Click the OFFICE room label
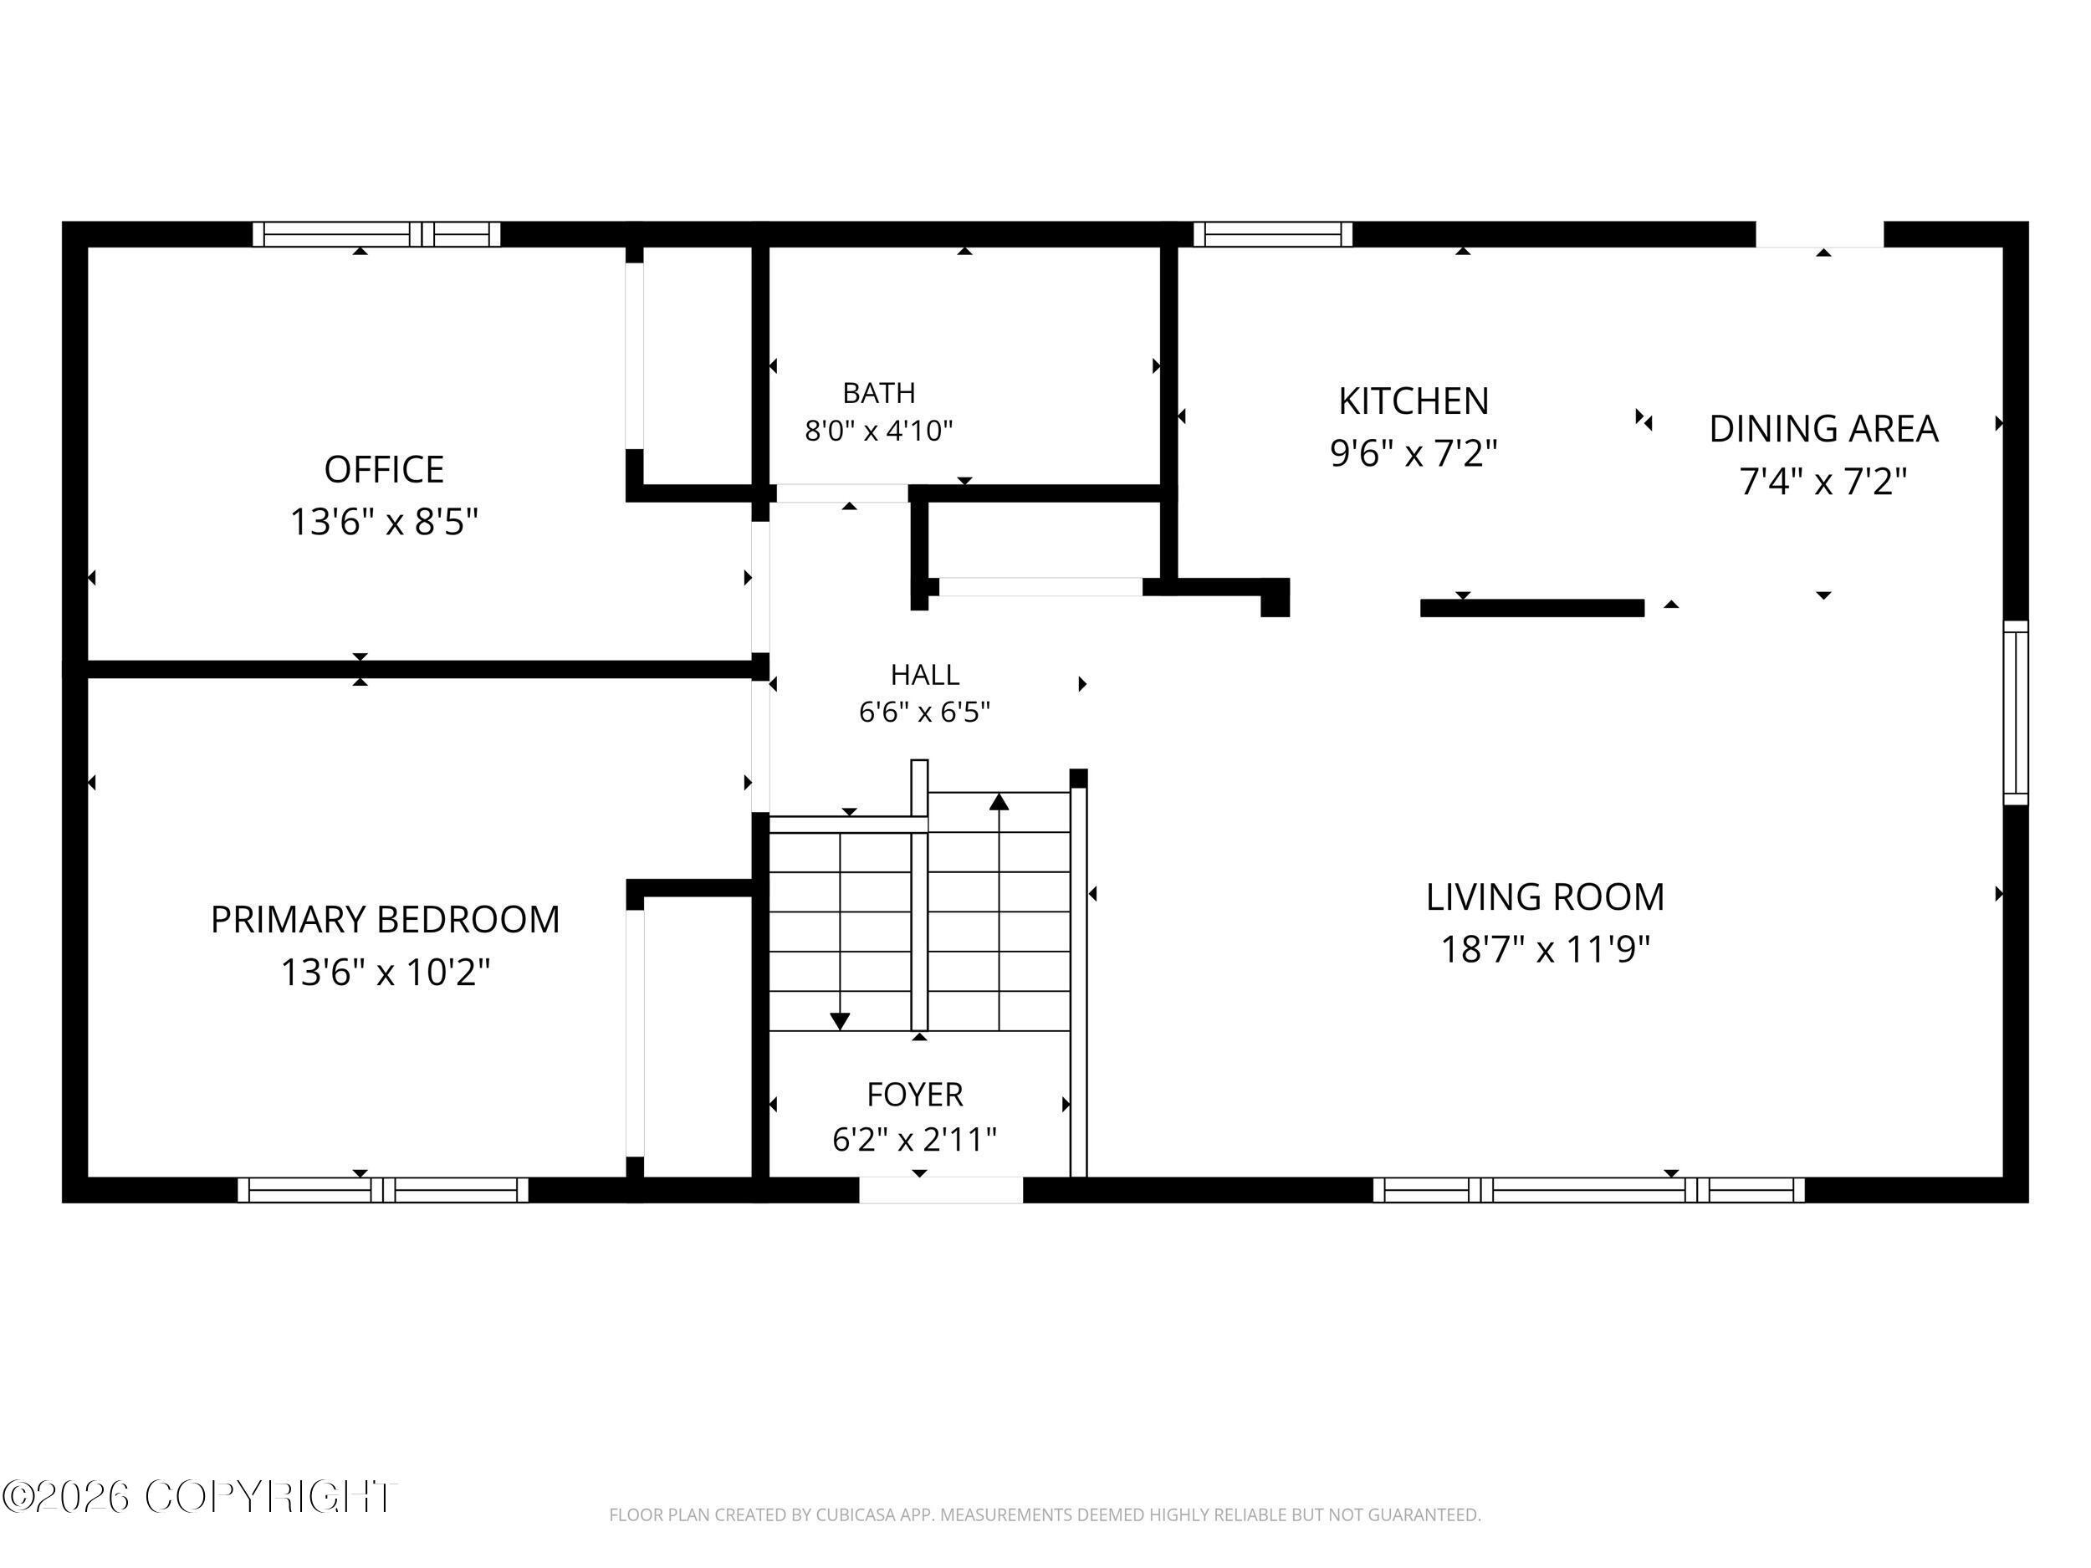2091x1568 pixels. click(x=384, y=470)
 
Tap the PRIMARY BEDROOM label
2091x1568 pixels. click(x=385, y=920)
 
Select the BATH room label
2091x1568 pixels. click(x=879, y=392)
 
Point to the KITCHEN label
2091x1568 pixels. click(x=1414, y=401)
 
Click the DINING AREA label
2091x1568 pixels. click(x=1823, y=429)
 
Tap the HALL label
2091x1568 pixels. click(x=924, y=675)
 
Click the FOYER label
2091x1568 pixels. click(x=915, y=1095)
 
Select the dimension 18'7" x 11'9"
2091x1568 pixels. click(x=1546, y=949)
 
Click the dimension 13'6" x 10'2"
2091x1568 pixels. click(x=386, y=972)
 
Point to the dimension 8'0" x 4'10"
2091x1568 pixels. click(x=879, y=431)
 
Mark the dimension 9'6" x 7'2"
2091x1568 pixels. click(x=1414, y=453)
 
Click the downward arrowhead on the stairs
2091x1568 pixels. click(x=840, y=1021)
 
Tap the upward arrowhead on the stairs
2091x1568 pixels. click(x=999, y=801)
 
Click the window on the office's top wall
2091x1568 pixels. click(x=376, y=233)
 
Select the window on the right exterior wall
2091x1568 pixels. click(x=2016, y=712)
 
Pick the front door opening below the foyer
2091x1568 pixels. click(x=941, y=1190)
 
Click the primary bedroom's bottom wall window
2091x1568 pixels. click(x=383, y=1190)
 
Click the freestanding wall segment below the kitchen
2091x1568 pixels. click(x=1532, y=608)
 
